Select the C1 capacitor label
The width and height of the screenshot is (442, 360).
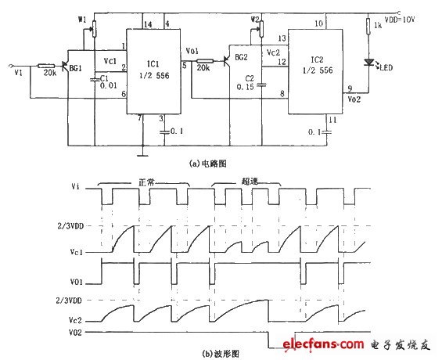103,78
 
